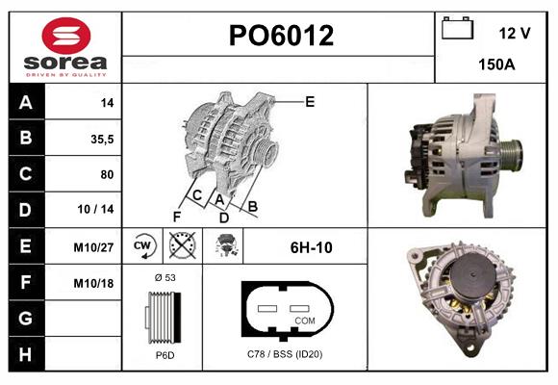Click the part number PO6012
[x=280, y=37]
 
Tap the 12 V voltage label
[x=515, y=33]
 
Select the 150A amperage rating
[x=496, y=64]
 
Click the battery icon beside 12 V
[x=456, y=29]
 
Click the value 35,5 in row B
[x=102, y=139]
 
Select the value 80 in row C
[x=106, y=174]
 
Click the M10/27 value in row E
[x=94, y=247]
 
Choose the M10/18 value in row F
[x=94, y=283]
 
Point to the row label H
[x=26, y=354]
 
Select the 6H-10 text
[x=311, y=247]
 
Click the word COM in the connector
[x=304, y=320]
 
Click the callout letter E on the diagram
[x=310, y=100]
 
